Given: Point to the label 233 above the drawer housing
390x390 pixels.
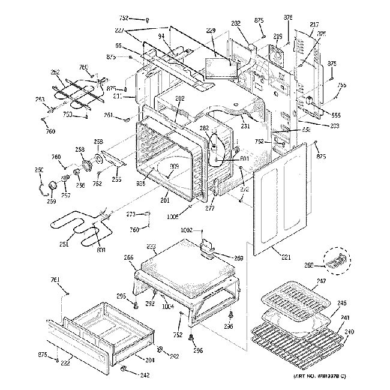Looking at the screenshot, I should (151, 247).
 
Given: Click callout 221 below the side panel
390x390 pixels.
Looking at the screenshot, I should (286, 257).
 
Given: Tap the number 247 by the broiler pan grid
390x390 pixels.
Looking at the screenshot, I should (322, 281).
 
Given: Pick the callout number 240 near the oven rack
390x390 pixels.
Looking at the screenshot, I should (349, 331).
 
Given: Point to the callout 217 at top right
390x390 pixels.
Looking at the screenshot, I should (314, 25).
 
